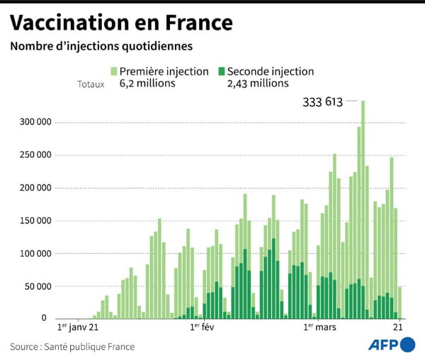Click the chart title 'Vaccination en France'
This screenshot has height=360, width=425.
pyautogui.click(x=121, y=23)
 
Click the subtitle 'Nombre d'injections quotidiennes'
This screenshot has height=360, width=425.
pyautogui.click(x=101, y=47)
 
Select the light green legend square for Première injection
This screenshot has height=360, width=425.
pyautogui.click(x=113, y=72)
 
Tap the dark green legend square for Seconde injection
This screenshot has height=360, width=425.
pyautogui.click(x=221, y=72)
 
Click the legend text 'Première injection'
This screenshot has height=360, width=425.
pyautogui.click(x=164, y=72)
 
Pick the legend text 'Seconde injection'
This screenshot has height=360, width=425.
pyautogui.click(x=270, y=72)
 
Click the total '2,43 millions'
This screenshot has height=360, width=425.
pyautogui.click(x=258, y=84)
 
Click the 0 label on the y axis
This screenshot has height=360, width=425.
pyautogui.click(x=47, y=319)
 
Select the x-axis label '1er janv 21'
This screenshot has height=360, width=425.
pyautogui.click(x=77, y=328)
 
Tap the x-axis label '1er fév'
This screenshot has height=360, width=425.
pyautogui.click(x=202, y=328)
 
